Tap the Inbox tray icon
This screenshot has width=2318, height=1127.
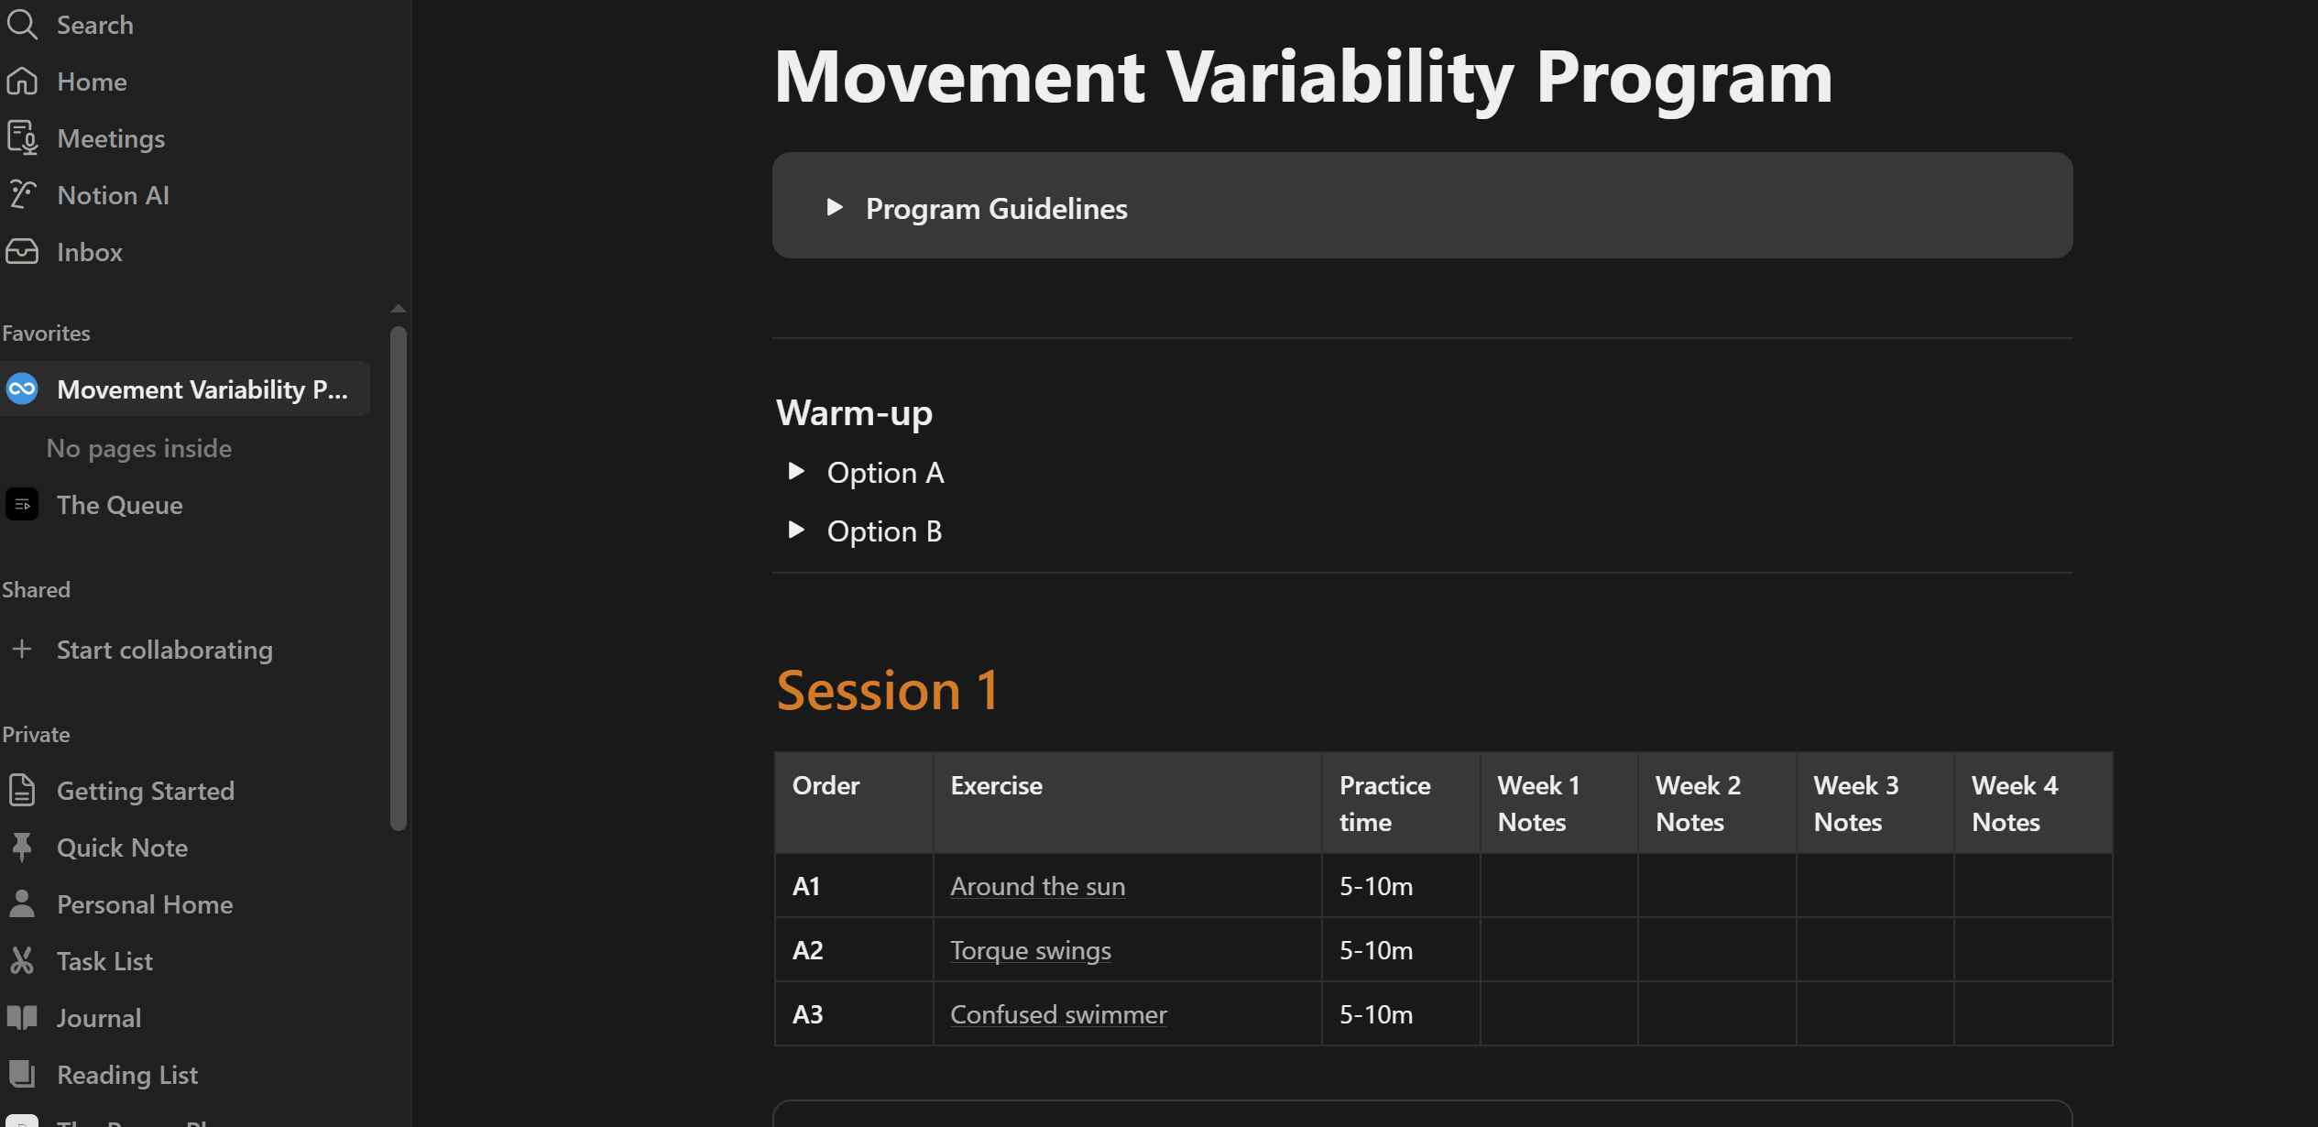click(22, 251)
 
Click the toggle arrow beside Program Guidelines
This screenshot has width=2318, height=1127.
click(835, 207)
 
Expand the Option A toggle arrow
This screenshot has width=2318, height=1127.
click(796, 471)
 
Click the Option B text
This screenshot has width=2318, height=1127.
click(884, 531)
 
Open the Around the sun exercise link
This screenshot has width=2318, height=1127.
click(1037, 886)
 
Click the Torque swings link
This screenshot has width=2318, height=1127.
click(1031, 950)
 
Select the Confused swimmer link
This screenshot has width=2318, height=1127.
click(1058, 1014)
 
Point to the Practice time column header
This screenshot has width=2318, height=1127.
click(1384, 804)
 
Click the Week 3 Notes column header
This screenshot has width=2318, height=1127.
click(1856, 804)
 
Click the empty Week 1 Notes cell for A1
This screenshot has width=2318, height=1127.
click(1558, 886)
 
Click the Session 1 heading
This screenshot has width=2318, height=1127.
click(888, 690)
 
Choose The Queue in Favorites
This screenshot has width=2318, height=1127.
click(119, 505)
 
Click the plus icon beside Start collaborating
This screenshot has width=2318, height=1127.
click(22, 649)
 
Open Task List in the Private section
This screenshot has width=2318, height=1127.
click(104, 961)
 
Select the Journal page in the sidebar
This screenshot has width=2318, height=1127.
click(99, 1018)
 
